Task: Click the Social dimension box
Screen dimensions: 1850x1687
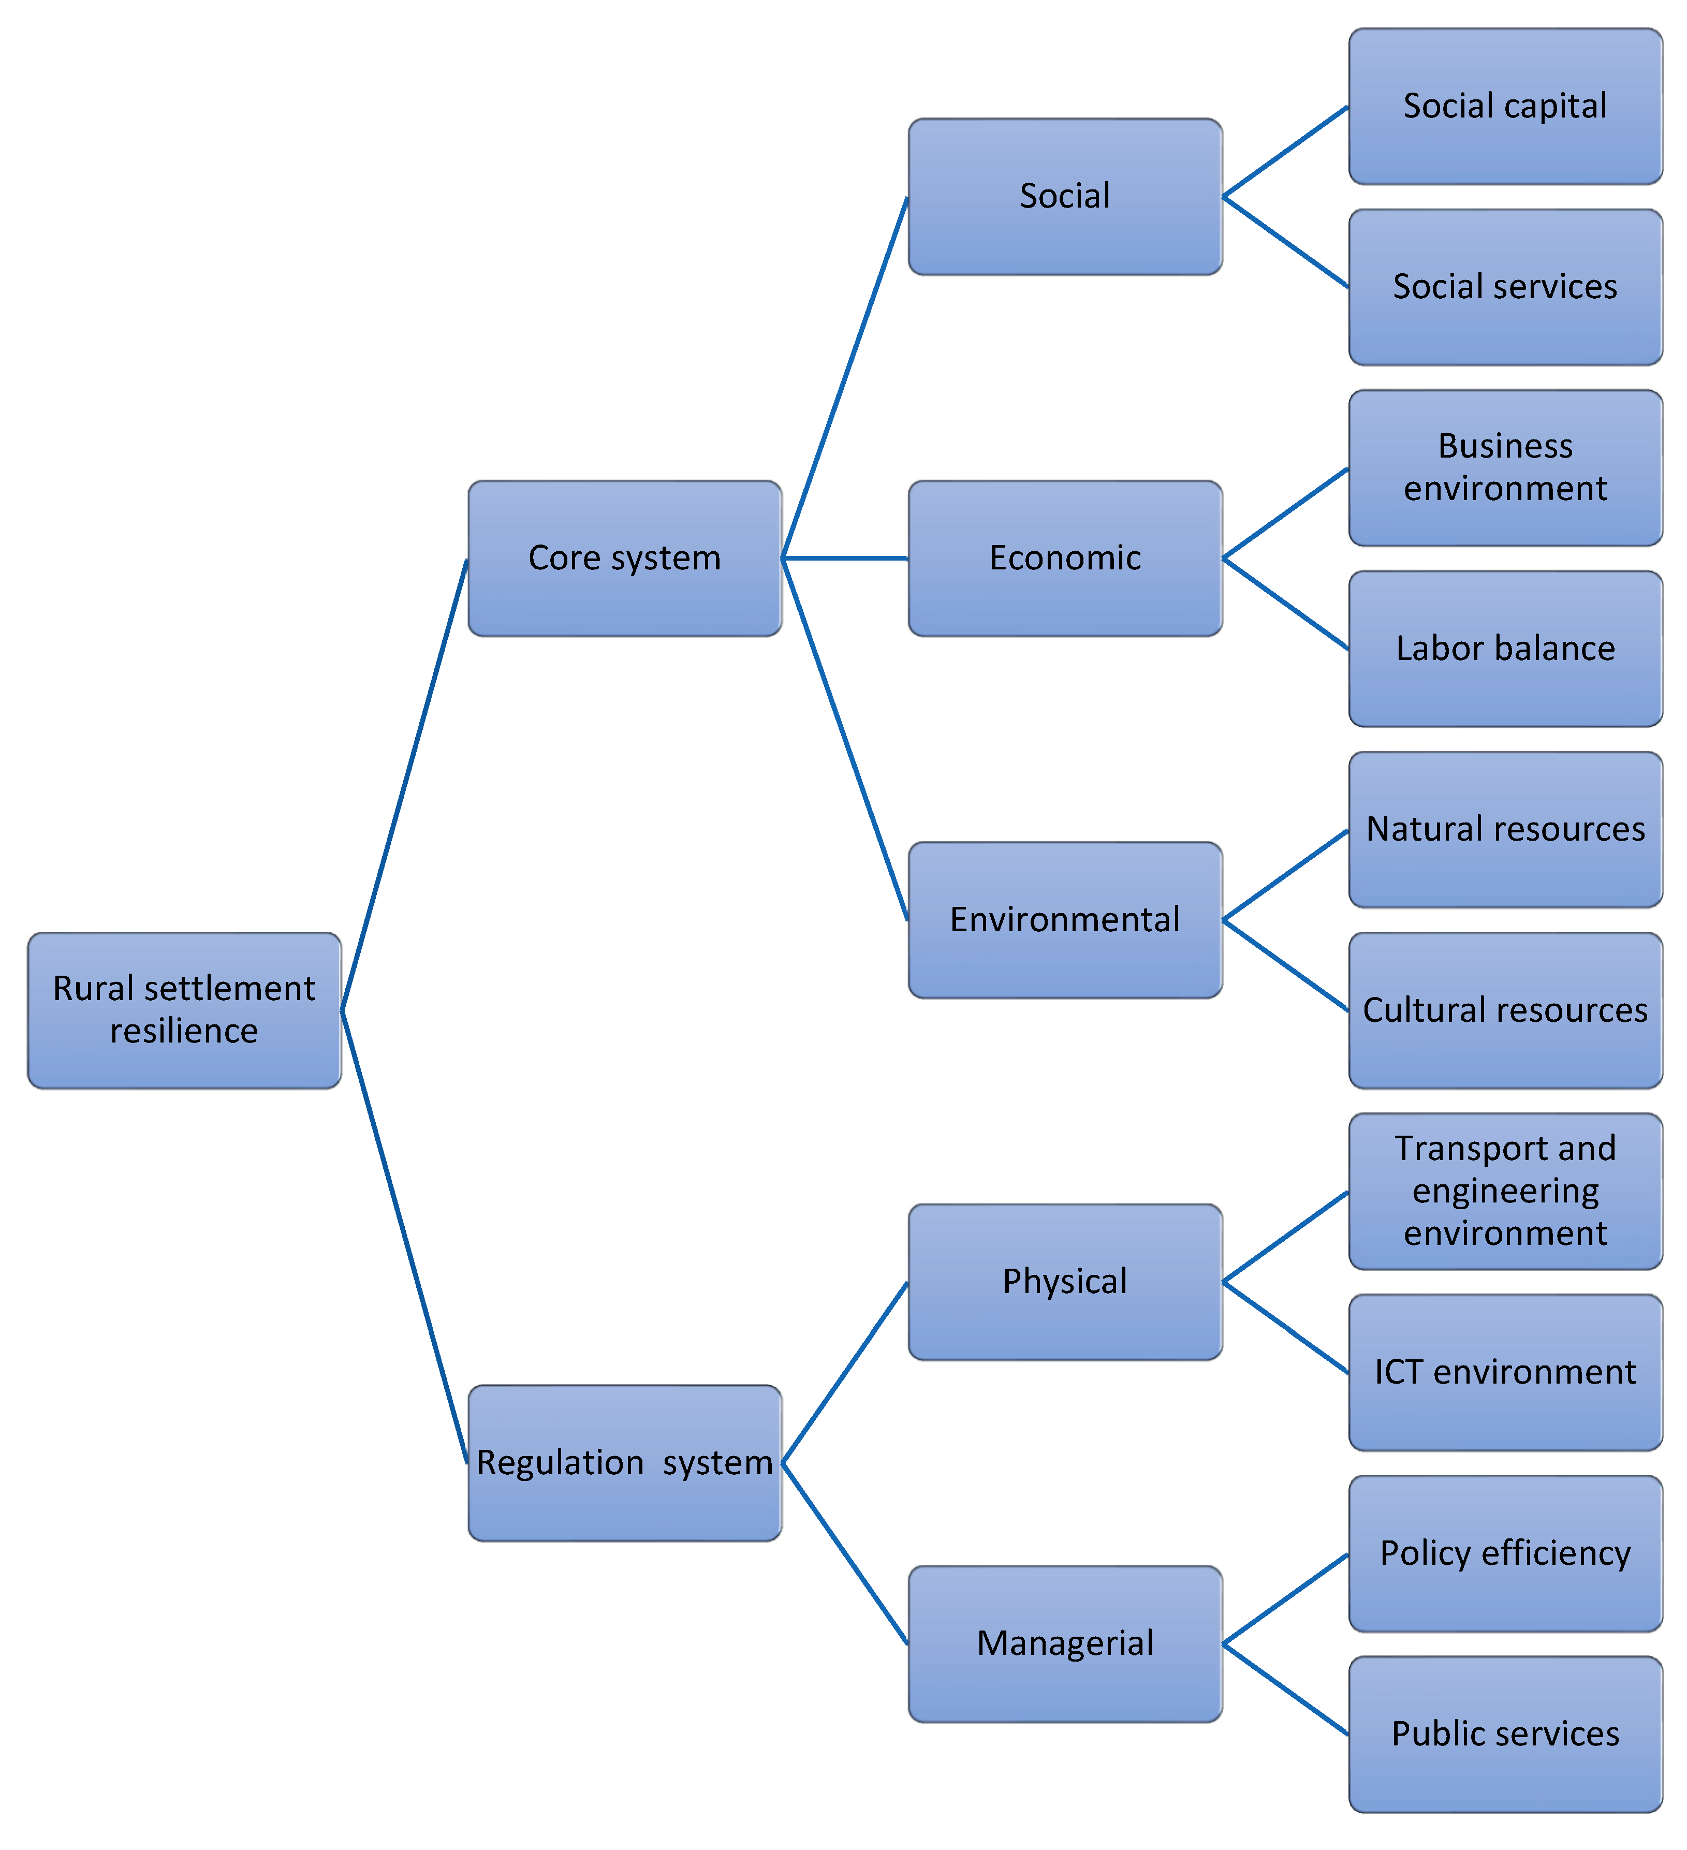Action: point(1065,196)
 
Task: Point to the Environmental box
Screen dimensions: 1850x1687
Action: point(1065,919)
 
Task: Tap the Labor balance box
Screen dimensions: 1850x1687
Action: point(1505,649)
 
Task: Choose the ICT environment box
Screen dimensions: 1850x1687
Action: point(1505,1372)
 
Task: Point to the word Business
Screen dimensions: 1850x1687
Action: point(1505,446)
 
